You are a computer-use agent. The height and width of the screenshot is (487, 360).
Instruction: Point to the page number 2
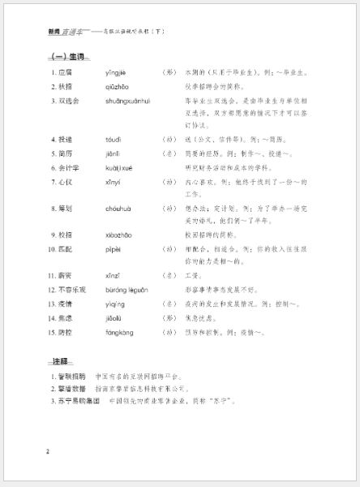48,451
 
